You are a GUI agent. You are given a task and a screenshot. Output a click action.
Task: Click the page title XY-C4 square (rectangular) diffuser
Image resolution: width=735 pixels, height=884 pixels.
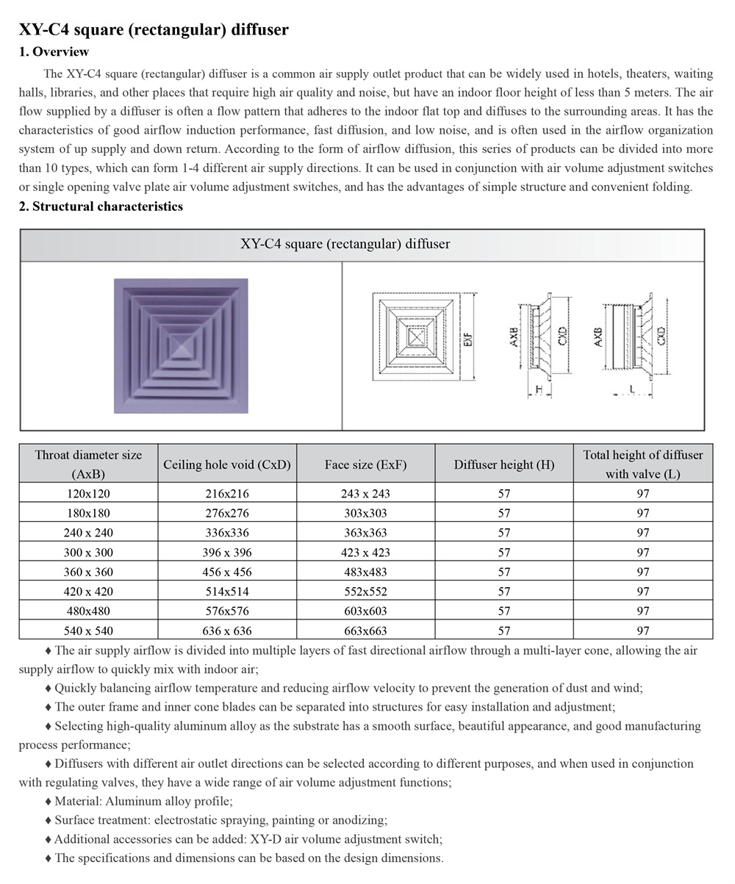click(154, 30)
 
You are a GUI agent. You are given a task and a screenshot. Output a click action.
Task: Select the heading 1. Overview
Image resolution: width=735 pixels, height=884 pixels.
click(54, 51)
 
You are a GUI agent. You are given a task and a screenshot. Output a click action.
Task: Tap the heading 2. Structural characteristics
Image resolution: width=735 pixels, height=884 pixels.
click(101, 206)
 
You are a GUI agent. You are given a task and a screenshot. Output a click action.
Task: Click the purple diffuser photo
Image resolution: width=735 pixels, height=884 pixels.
click(181, 345)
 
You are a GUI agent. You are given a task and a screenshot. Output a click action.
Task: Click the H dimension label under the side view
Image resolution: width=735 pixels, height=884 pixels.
click(539, 388)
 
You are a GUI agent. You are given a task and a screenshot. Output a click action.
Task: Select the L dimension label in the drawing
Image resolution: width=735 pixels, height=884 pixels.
click(631, 388)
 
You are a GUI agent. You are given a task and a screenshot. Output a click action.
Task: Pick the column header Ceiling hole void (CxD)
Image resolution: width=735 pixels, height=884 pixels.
click(227, 464)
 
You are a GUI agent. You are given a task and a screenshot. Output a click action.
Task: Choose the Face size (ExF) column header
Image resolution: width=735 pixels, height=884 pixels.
click(365, 464)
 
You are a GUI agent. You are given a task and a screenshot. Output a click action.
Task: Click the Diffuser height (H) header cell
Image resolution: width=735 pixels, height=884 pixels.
click(503, 464)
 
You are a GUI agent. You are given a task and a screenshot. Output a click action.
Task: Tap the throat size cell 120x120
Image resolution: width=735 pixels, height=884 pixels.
click(88, 493)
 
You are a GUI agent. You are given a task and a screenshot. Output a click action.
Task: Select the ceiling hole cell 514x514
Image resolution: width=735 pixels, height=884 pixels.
click(227, 592)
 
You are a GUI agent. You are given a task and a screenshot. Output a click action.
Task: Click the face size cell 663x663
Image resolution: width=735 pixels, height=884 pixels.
click(365, 630)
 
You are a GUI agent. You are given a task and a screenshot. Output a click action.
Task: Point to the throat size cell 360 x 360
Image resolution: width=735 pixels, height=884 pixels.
click(88, 572)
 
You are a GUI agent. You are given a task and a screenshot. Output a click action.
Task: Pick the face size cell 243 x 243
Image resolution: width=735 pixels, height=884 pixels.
click(365, 493)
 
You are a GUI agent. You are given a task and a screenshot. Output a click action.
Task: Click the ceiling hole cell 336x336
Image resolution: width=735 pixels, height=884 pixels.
click(227, 533)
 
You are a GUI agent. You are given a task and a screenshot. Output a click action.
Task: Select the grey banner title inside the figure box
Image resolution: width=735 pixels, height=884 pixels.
click(345, 244)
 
